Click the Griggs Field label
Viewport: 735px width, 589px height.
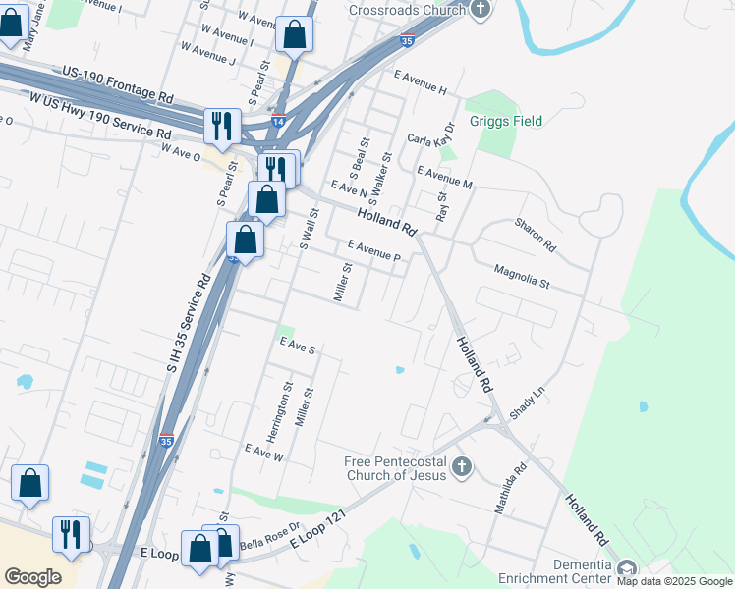pyautogui.click(x=505, y=122)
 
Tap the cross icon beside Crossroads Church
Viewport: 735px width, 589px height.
pyautogui.click(x=480, y=11)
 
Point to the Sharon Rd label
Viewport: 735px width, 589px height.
pyautogui.click(x=536, y=236)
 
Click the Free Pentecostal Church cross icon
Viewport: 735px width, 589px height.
pyautogui.click(x=462, y=465)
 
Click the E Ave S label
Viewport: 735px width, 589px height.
pyautogui.click(x=298, y=348)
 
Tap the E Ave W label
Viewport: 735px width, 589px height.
pyautogui.click(x=263, y=455)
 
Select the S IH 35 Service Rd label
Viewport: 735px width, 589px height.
pyautogui.click(x=191, y=323)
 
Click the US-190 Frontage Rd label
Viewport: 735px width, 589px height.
pyautogui.click(x=117, y=84)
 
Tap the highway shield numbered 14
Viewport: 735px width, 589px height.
pyautogui.click(x=279, y=120)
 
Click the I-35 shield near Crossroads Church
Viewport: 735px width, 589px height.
pyautogui.click(x=407, y=40)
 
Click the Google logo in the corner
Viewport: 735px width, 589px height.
pyautogui.click(x=32, y=576)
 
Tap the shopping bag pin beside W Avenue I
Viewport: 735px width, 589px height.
pyautogui.click(x=294, y=35)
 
